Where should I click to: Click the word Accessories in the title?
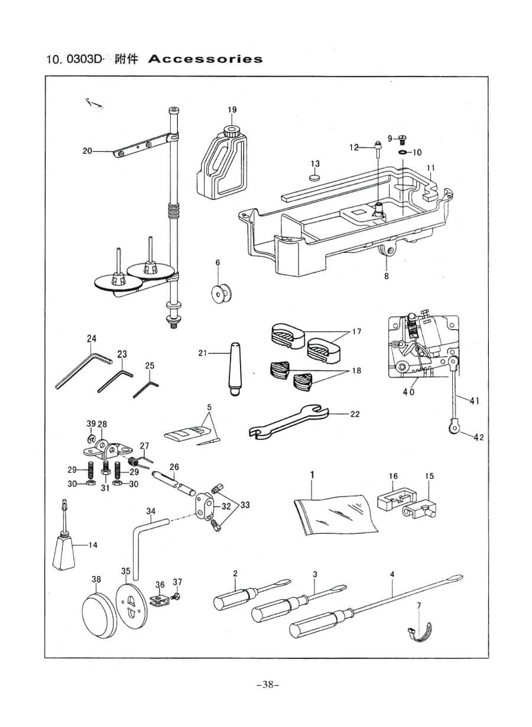205,59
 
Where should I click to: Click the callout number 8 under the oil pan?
387,274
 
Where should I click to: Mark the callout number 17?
356,332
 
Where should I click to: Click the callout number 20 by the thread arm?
87,151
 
